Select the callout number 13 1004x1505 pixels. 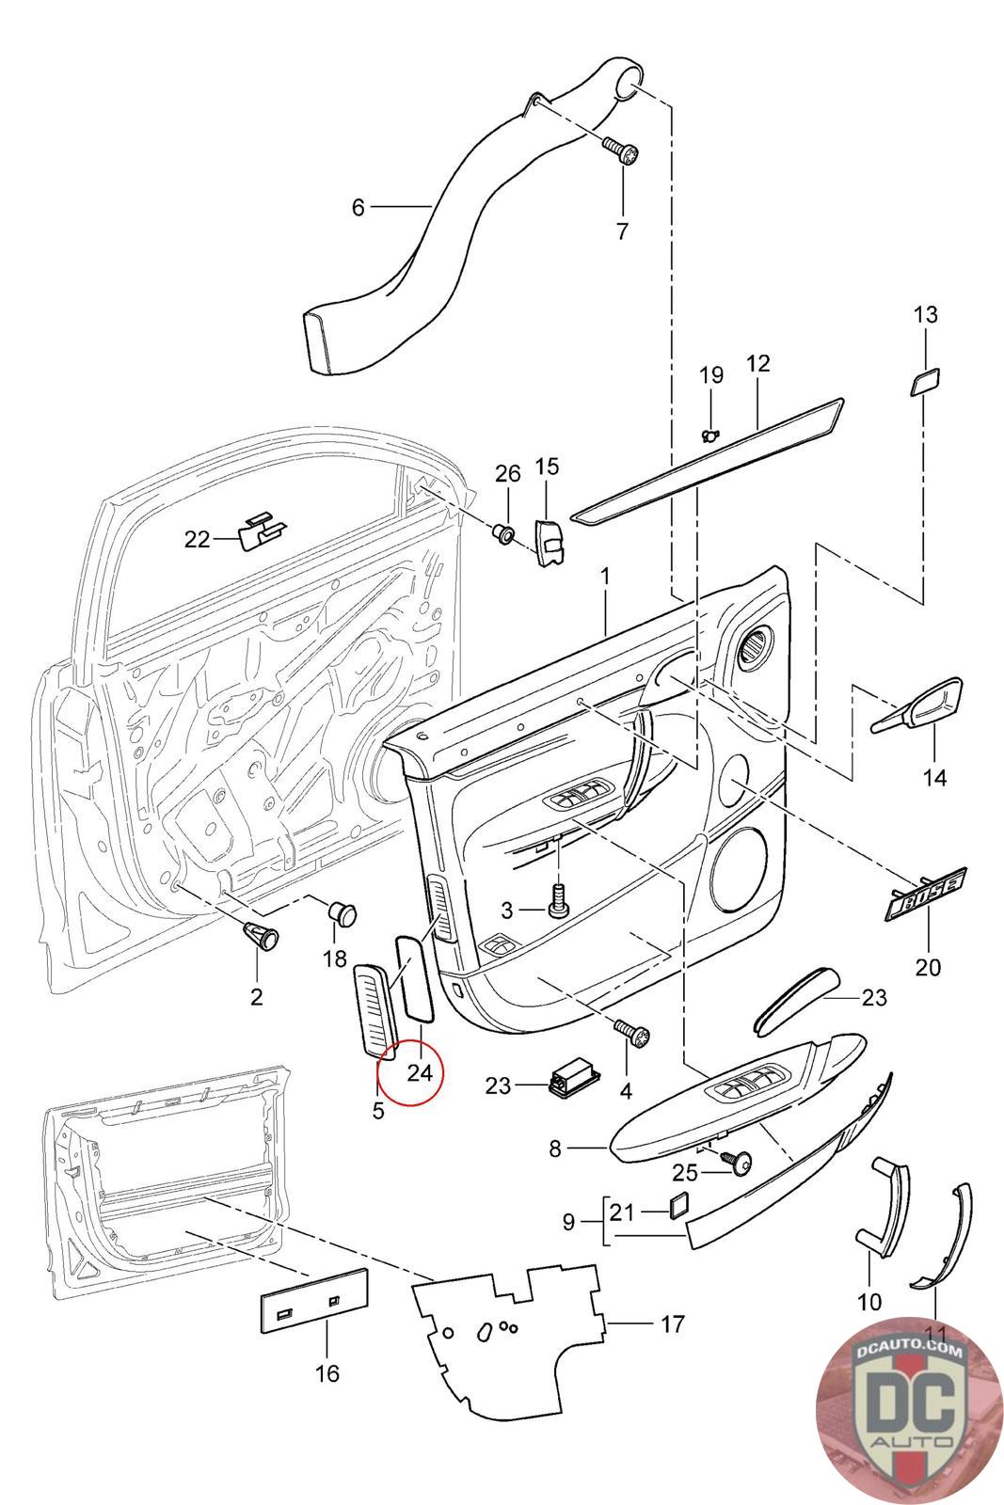coord(926,314)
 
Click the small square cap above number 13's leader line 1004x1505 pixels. coord(923,383)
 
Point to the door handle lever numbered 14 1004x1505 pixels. coord(920,706)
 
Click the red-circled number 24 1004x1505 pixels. coord(419,1071)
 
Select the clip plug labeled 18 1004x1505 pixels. coord(343,911)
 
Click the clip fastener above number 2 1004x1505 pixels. coord(258,933)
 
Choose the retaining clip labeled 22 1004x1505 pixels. coord(261,531)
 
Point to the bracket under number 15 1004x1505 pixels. coord(549,542)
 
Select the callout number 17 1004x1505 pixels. coord(672,1324)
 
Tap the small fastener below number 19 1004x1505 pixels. coord(711,434)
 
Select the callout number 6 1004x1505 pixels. coord(358,207)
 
